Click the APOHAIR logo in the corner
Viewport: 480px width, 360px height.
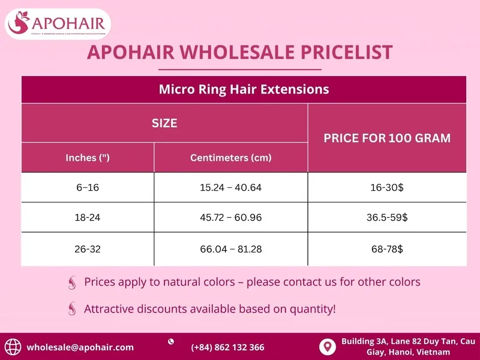pos(58,24)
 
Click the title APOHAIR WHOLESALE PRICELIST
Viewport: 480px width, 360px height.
pos(240,52)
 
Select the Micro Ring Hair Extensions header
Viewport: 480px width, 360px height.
pos(244,89)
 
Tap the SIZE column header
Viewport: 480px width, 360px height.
pos(164,124)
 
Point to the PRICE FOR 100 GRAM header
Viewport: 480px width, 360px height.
pos(387,138)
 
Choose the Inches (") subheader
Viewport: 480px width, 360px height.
pos(88,158)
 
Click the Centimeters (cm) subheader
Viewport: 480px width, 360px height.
pos(231,158)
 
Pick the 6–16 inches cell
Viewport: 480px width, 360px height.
pos(88,187)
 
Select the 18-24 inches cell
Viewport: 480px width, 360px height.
pos(88,218)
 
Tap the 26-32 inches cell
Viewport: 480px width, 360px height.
pos(88,248)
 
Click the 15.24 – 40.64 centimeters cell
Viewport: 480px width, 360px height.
pos(231,187)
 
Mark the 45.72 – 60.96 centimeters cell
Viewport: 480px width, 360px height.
pos(231,218)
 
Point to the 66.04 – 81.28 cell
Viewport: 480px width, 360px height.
pos(231,248)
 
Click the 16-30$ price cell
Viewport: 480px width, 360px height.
pos(387,187)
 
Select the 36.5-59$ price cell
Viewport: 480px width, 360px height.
pos(387,218)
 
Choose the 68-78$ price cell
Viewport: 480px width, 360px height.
pos(387,248)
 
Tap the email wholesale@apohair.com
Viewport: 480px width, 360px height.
pos(80,347)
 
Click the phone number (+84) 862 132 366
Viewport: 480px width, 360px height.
pos(227,347)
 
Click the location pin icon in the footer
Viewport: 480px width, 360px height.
pos(327,346)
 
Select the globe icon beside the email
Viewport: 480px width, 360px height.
pos(13,347)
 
